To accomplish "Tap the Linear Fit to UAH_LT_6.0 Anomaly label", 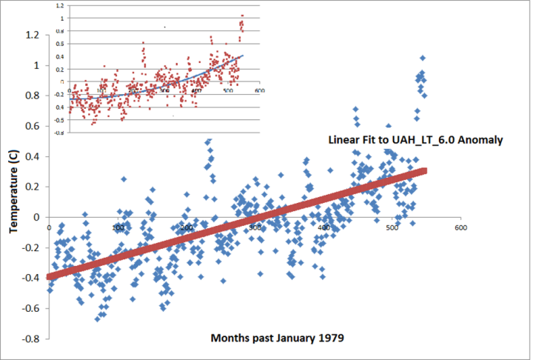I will (418, 140).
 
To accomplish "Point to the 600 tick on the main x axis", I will (460, 227).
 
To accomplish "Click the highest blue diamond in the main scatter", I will (423, 58).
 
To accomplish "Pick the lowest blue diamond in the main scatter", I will (98, 319).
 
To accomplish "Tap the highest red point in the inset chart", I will (241, 16).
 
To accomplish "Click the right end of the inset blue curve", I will (242, 56).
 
